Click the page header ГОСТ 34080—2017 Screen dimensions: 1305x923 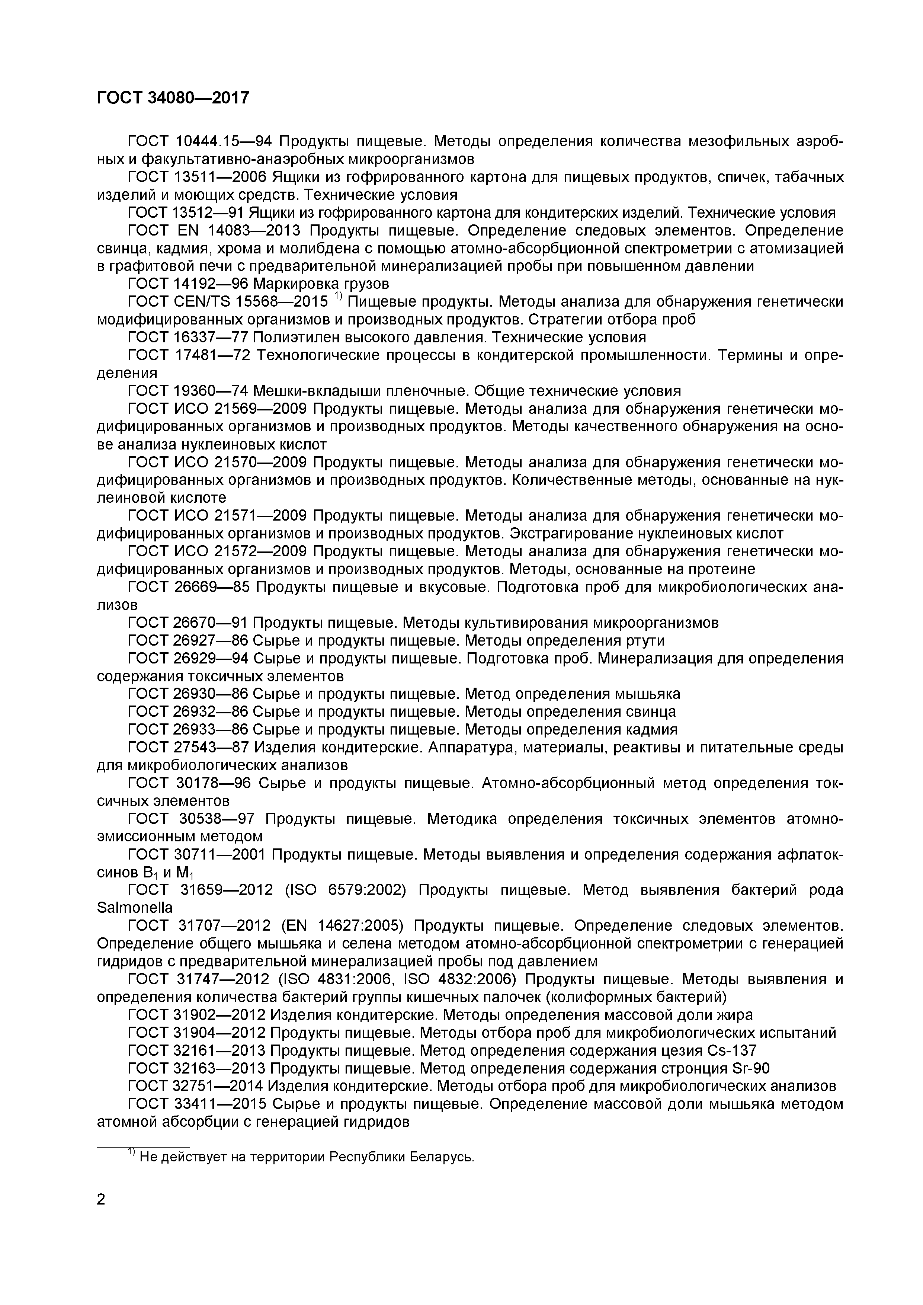coord(173,98)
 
